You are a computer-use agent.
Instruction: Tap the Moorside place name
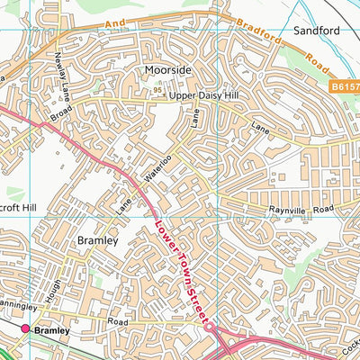click(167, 69)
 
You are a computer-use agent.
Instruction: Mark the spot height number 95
click(157, 90)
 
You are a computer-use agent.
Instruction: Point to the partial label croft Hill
click(17, 204)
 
